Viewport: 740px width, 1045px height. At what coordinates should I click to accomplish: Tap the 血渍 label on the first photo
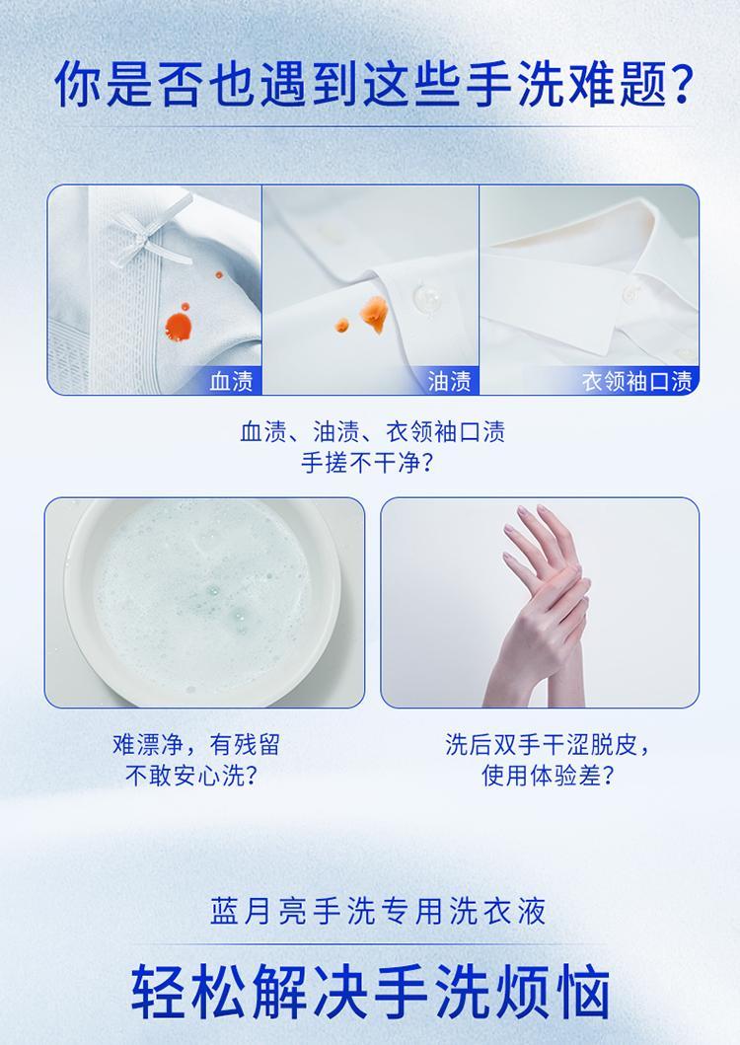tap(231, 381)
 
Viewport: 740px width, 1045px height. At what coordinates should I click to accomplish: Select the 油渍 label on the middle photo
tap(449, 381)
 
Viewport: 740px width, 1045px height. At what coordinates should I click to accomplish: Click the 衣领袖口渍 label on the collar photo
tap(636, 381)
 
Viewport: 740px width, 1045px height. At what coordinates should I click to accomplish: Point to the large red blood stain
tap(179, 326)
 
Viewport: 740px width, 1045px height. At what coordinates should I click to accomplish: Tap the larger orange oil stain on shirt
tap(374, 314)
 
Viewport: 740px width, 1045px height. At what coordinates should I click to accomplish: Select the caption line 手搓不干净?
tap(368, 463)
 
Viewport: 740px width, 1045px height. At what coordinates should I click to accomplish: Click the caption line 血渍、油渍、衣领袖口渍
tap(373, 432)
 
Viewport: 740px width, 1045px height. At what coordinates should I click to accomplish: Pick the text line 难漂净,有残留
tap(196, 744)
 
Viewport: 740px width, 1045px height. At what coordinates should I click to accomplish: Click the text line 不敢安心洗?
tap(192, 775)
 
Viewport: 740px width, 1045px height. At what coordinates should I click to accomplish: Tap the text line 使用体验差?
tap(548, 775)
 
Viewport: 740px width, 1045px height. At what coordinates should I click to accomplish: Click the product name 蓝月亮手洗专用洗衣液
tap(378, 911)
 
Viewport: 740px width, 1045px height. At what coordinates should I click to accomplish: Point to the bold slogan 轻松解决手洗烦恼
tap(371, 991)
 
